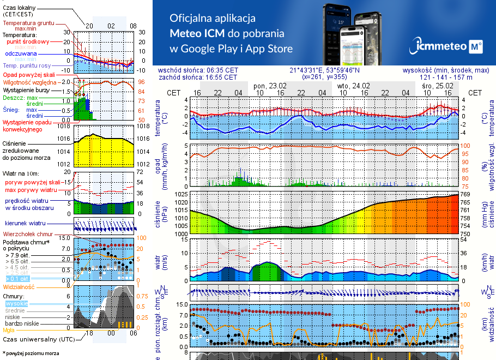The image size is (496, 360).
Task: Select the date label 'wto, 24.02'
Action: click(x=353, y=86)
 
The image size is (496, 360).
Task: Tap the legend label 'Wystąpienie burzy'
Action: click(x=26, y=89)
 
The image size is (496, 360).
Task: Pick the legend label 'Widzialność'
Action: click(x=19, y=286)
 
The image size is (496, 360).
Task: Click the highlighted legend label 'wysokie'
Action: click(x=16, y=303)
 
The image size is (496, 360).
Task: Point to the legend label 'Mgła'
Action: click(x=9, y=330)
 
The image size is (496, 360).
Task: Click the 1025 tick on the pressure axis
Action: click(x=181, y=194)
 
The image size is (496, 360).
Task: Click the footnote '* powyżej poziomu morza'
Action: click(x=31, y=353)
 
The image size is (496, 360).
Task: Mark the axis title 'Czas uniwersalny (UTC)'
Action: click(x=38, y=339)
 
